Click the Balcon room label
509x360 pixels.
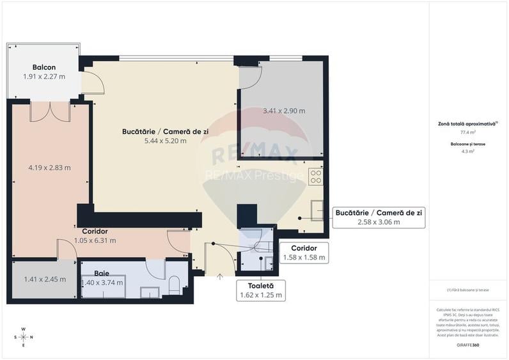coord(44,67)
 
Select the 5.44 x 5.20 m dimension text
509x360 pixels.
coord(164,141)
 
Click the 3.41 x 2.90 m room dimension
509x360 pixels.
coord(284,111)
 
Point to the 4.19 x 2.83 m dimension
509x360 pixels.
coord(49,168)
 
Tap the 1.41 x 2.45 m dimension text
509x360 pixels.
coord(45,279)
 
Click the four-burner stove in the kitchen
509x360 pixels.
coord(316,176)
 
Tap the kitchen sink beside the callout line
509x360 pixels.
coord(317,209)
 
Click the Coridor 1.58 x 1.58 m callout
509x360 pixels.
coord(304,253)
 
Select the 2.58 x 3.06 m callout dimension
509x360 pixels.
coord(379,222)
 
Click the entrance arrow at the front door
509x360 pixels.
coord(220,277)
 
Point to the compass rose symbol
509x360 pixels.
coord(24,336)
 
